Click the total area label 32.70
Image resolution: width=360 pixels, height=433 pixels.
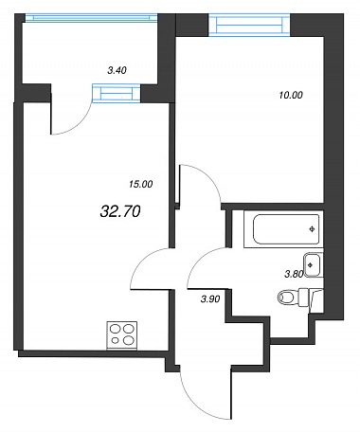(120, 211)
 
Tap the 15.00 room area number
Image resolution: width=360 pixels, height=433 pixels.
(141, 184)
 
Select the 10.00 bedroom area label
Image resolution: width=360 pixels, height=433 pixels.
(291, 95)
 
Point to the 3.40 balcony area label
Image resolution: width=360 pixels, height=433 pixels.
(117, 70)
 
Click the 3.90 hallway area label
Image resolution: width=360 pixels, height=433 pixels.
(210, 298)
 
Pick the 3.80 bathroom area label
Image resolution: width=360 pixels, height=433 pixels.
(294, 274)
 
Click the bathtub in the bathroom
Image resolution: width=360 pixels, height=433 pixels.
(283, 229)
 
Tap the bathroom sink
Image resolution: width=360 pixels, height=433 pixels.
(314, 265)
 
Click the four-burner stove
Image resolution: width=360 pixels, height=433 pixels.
(122, 335)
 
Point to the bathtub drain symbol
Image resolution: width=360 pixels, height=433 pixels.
(313, 229)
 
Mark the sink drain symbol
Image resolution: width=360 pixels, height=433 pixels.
(311, 265)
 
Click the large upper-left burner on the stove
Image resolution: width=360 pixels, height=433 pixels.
(115, 329)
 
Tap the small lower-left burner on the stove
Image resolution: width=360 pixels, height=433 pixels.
(116, 340)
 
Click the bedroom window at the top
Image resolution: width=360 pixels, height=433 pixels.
(249, 25)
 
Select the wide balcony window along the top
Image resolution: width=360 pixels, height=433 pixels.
(91, 17)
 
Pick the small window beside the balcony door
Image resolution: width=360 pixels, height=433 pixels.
(117, 93)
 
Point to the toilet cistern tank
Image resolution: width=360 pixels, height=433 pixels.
(311, 297)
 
